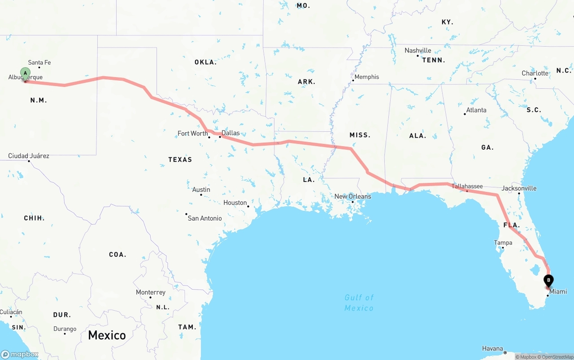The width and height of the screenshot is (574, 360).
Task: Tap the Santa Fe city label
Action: coord(39,63)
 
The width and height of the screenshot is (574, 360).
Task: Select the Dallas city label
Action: coord(230,133)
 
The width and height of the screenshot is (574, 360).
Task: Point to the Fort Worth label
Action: coord(193,133)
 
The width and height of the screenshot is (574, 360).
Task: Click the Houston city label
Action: coord(235,203)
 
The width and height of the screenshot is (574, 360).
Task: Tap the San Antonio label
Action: coord(204,218)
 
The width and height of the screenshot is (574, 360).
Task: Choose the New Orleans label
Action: coord(353,196)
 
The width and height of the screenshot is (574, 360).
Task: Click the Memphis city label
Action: coord(367,77)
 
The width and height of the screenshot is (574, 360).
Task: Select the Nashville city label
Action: coord(418,51)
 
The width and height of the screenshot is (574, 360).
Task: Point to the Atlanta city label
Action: coord(476,110)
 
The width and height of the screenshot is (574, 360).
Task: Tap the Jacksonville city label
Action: coord(519,188)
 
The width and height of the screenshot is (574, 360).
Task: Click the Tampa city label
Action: coord(503,243)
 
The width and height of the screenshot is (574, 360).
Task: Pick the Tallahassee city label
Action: coord(467,186)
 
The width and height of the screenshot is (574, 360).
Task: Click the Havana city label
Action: coord(492,348)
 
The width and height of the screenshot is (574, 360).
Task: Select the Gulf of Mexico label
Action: coord(359,303)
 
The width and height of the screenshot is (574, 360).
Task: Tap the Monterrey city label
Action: coord(151,292)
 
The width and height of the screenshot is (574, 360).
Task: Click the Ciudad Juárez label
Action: coord(29,156)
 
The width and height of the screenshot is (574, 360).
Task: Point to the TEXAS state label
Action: coord(180,160)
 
